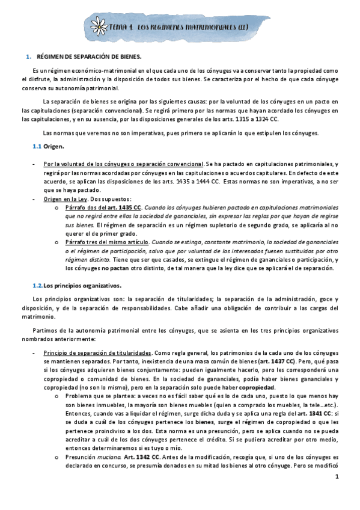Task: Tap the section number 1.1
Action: (x=36, y=147)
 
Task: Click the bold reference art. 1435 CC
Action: (x=127, y=206)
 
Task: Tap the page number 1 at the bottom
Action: (x=337, y=494)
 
